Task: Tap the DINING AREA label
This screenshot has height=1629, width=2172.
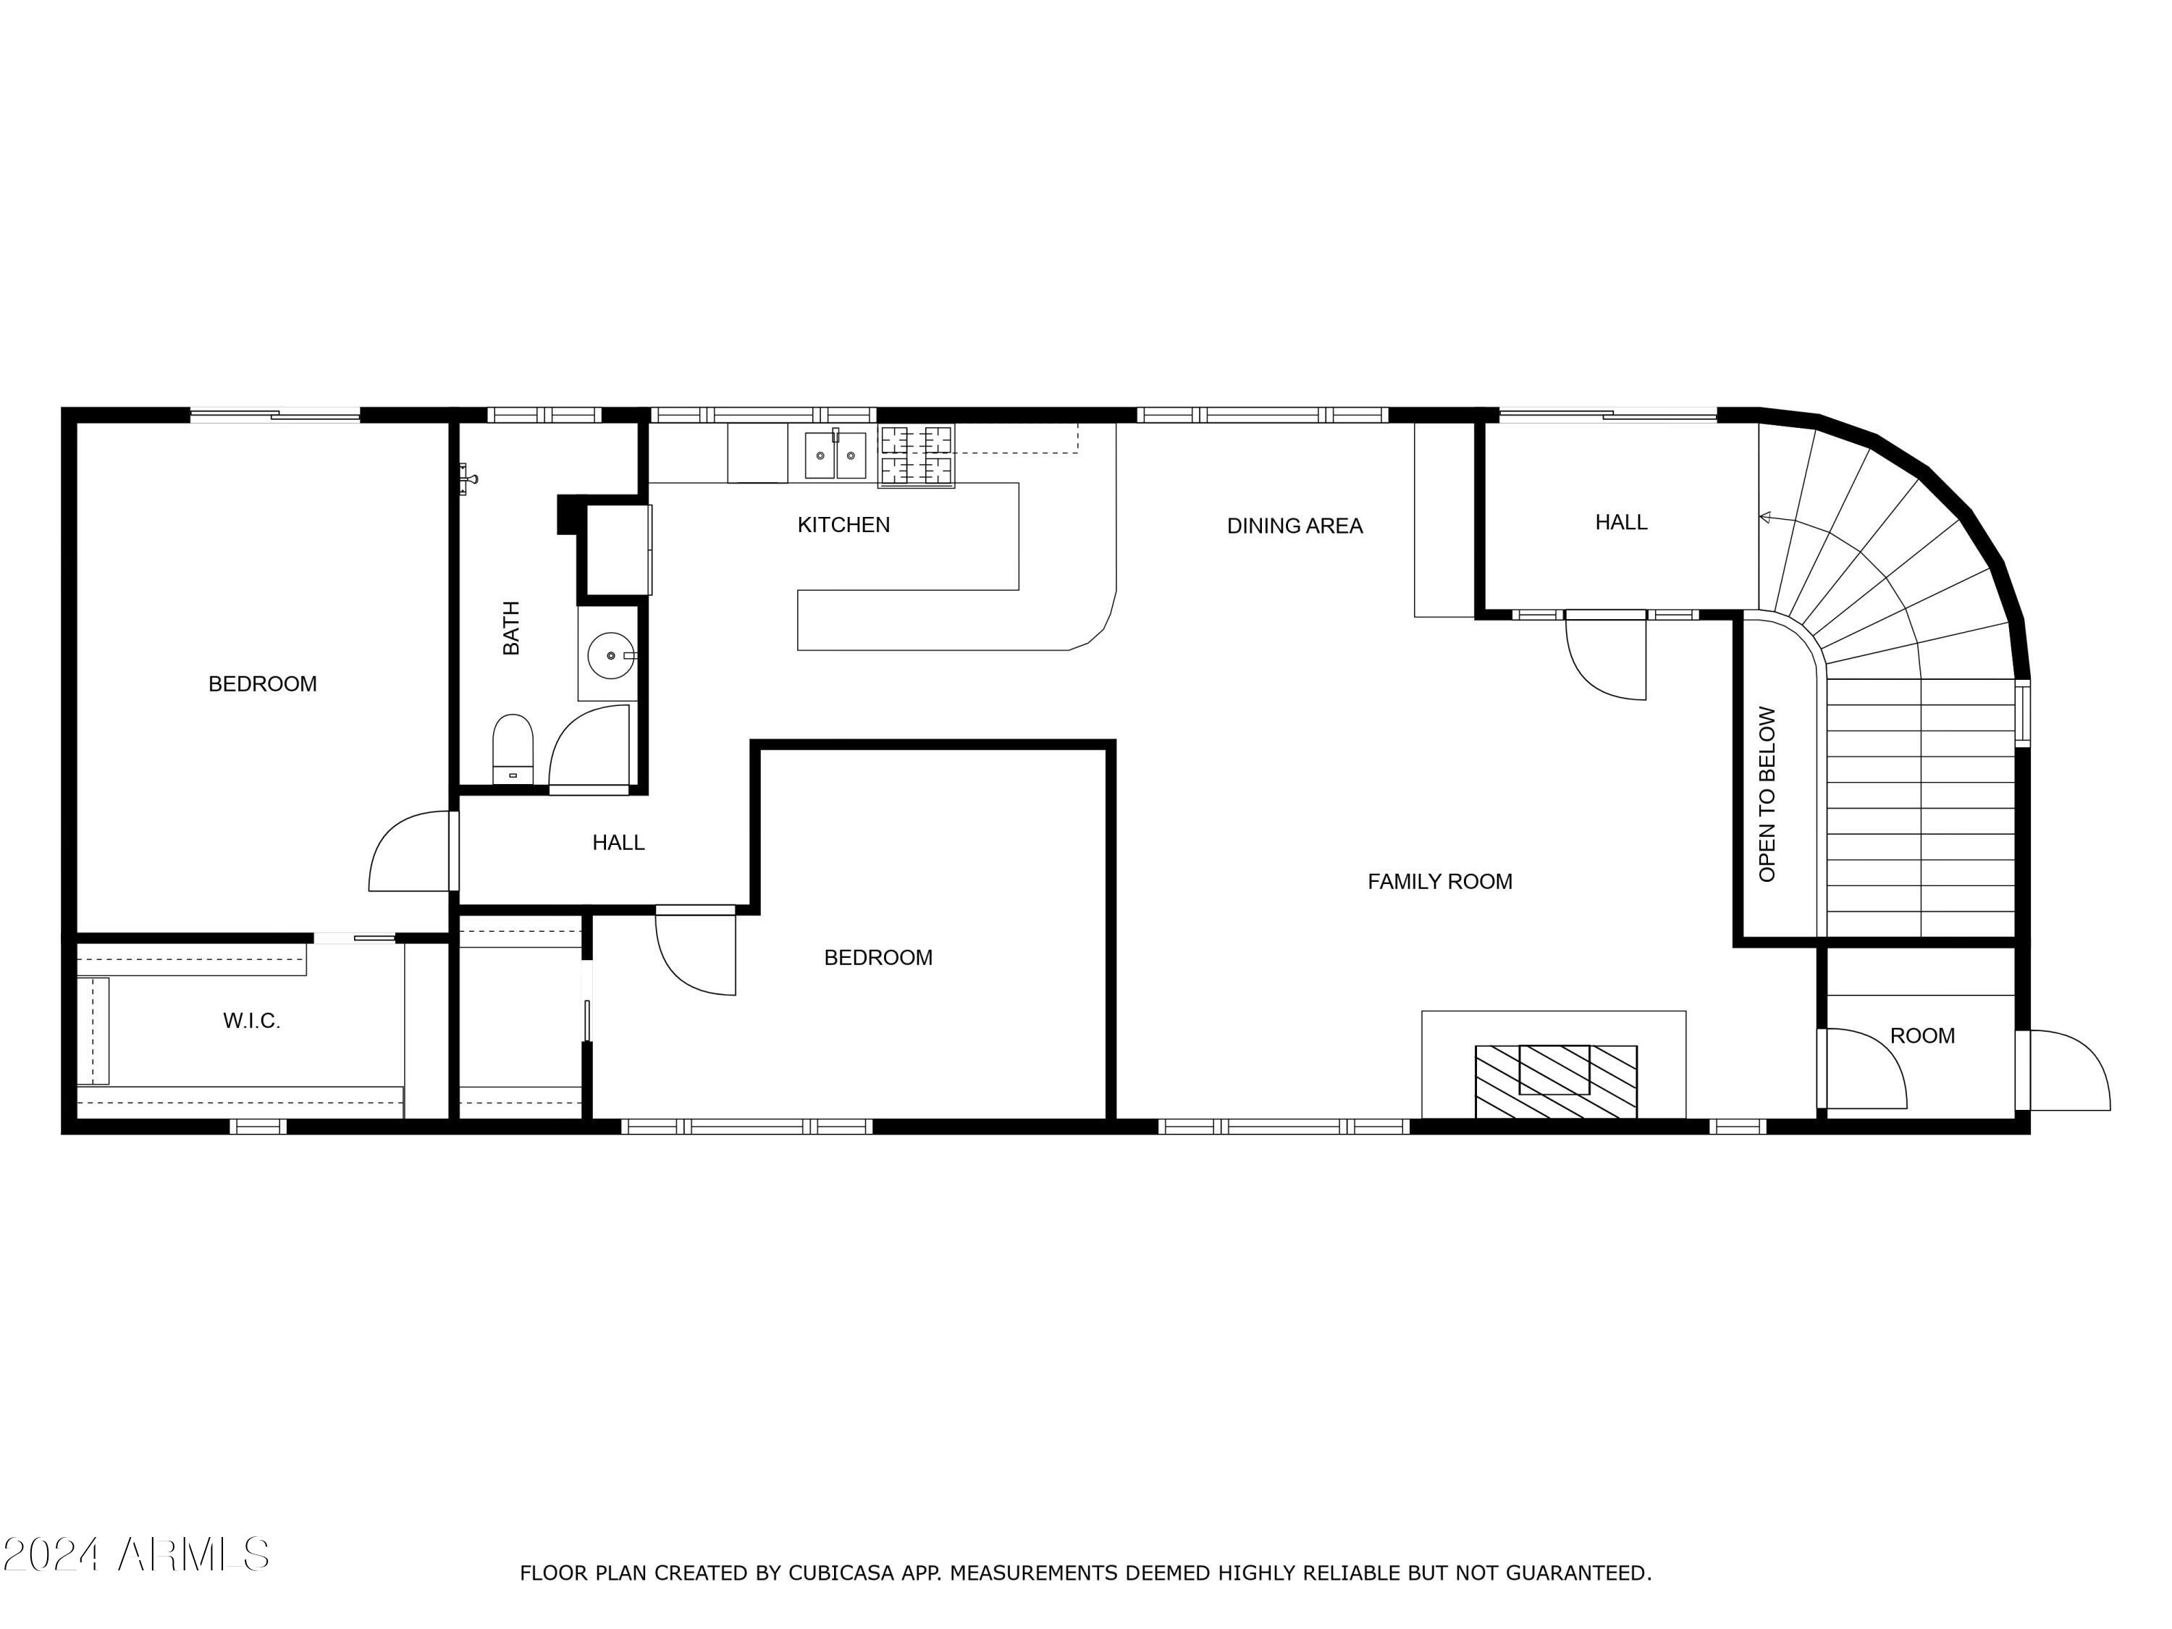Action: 1295,526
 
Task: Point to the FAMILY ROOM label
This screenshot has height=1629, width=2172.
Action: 1439,882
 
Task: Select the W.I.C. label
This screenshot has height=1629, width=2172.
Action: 251,1021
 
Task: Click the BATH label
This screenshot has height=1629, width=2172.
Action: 510,628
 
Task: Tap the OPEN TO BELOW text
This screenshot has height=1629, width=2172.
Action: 1767,794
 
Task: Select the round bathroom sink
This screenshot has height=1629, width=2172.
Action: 613,655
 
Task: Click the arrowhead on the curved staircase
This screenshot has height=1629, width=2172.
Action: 1764,518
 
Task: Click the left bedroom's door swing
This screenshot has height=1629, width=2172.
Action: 411,851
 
